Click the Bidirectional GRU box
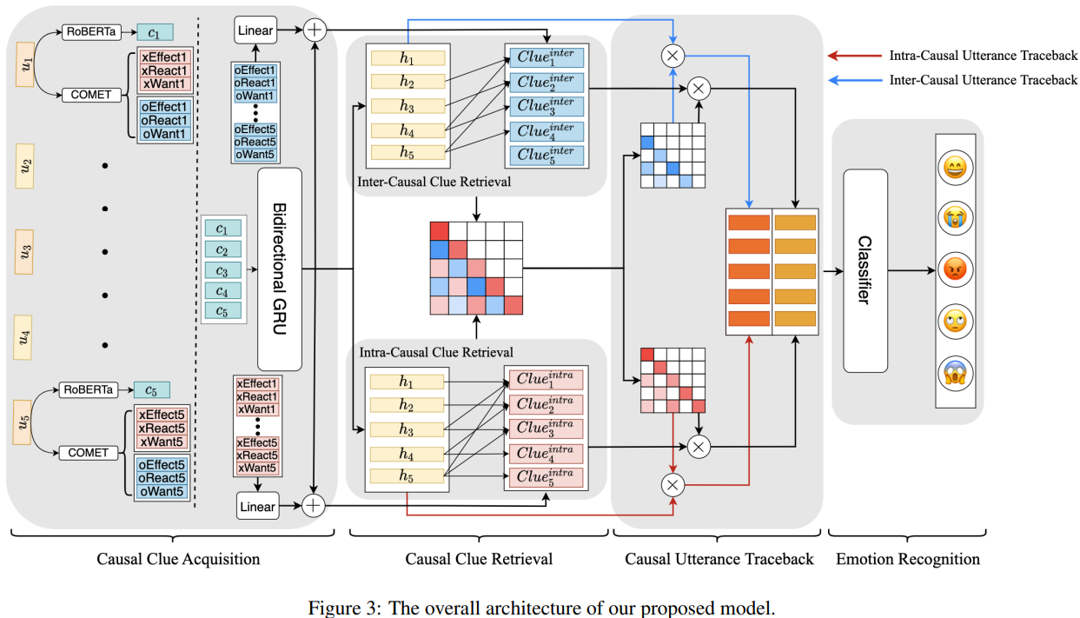point(280,269)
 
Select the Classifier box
point(865,270)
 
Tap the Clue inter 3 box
point(547,106)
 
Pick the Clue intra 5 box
point(547,477)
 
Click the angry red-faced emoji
point(955,269)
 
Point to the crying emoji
point(955,218)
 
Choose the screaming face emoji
point(955,373)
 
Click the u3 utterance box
point(24,252)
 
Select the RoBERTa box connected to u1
point(91,32)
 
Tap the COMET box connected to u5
point(89,453)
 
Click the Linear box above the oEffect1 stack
point(255,30)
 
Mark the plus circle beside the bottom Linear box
point(314,506)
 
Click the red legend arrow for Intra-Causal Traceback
point(855,56)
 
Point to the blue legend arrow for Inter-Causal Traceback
point(855,80)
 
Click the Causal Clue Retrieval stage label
point(479,559)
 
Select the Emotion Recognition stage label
point(908,559)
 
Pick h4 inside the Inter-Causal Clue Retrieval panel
point(407,130)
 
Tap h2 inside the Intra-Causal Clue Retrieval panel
point(407,405)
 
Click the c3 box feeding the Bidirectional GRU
point(222,270)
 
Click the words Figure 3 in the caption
point(345,608)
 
